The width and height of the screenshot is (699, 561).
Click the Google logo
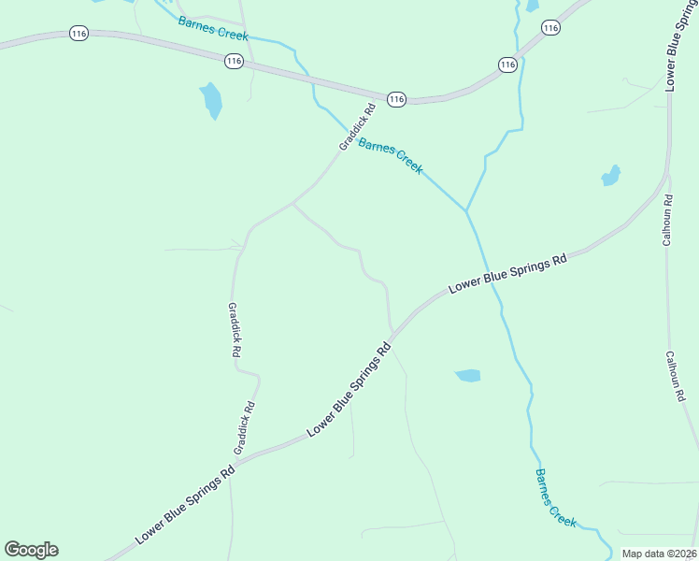click(32, 550)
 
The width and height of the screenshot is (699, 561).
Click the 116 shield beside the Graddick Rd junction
click(396, 99)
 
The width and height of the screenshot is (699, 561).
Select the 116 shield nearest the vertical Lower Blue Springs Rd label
click(550, 28)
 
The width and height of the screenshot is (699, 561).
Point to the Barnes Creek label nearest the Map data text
click(556, 496)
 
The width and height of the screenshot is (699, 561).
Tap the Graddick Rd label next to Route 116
click(357, 126)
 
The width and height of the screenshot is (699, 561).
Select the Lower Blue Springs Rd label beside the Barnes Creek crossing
click(507, 275)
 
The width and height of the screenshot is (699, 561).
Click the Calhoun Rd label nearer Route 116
click(667, 221)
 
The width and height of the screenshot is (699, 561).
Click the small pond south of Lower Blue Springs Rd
click(468, 376)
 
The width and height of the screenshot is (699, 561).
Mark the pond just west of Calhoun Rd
click(611, 176)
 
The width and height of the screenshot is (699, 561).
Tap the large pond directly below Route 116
click(211, 100)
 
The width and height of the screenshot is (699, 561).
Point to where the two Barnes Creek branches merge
click(465, 210)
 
